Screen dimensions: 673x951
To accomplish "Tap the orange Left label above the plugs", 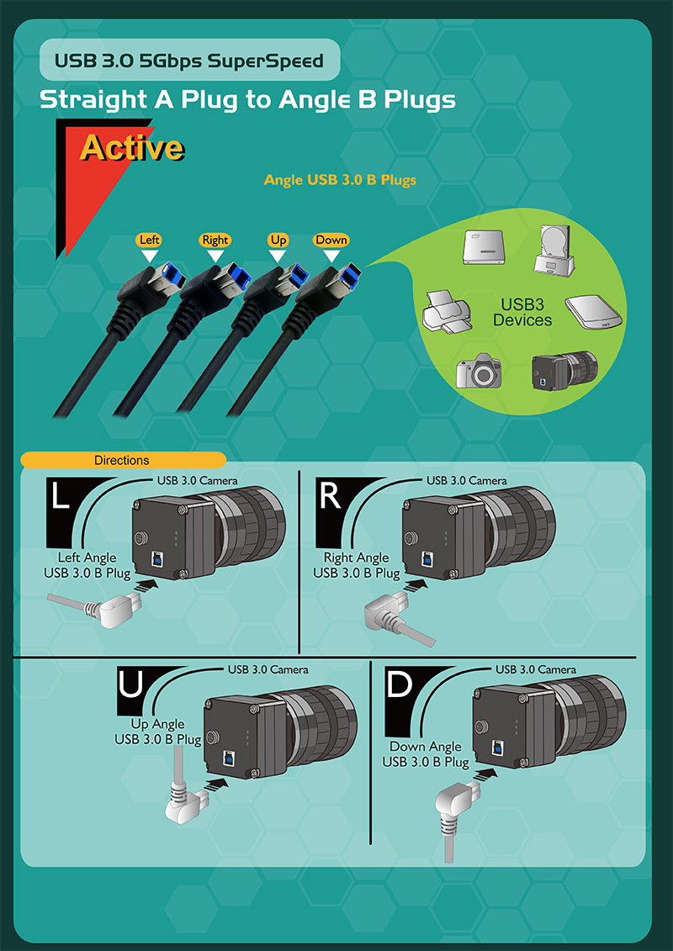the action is (x=149, y=240).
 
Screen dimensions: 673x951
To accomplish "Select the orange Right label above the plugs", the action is (x=215, y=240).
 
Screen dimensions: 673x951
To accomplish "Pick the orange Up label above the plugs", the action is (x=278, y=240).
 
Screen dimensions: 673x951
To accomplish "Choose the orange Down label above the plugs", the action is (x=331, y=240).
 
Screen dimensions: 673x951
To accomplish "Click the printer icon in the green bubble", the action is (x=445, y=312).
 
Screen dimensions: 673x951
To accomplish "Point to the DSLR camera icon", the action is (x=479, y=370).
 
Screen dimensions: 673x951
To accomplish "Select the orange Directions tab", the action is (x=123, y=460).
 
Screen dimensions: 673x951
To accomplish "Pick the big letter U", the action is (x=131, y=686).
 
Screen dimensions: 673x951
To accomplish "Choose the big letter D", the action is (x=400, y=684).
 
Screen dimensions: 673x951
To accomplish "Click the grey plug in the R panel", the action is (x=395, y=615).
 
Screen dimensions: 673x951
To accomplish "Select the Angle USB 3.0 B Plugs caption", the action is (x=340, y=180).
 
